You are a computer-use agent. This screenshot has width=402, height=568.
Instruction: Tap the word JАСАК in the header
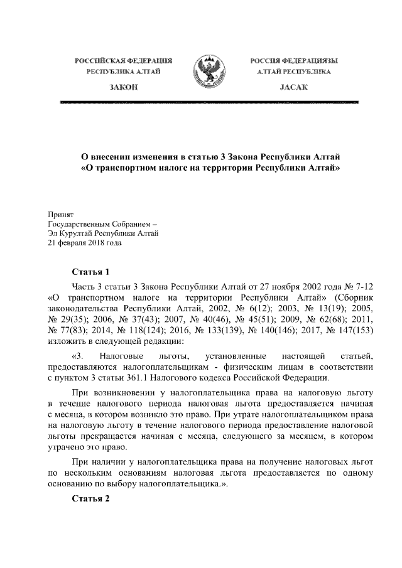point(291,87)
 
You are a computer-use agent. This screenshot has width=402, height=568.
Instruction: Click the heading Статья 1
point(91,272)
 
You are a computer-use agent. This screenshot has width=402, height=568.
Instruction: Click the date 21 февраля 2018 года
point(85,244)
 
